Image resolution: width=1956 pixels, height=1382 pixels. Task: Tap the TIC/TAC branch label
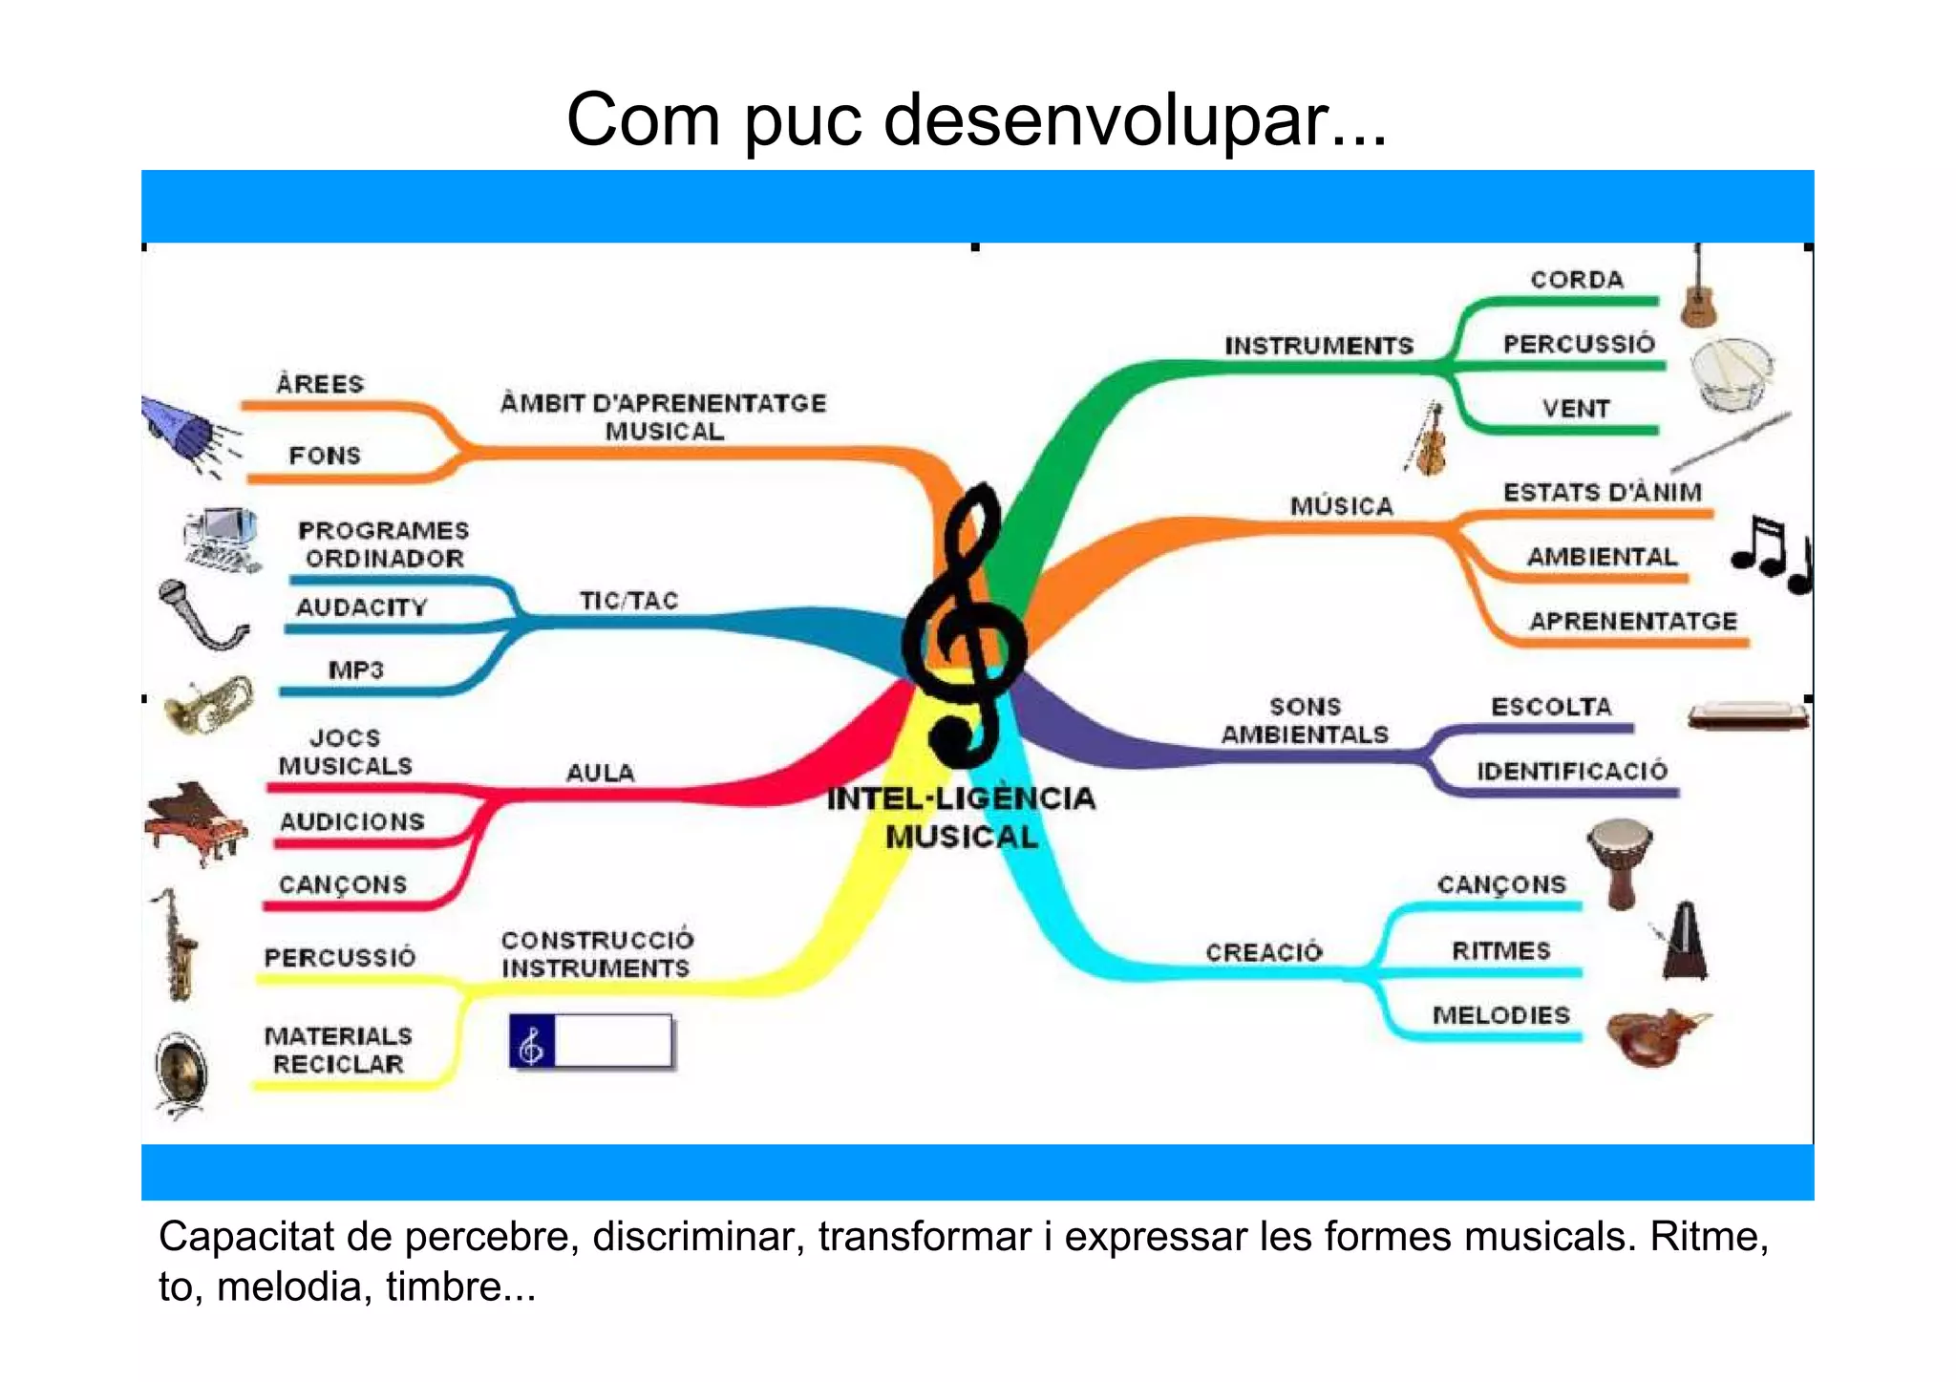(628, 601)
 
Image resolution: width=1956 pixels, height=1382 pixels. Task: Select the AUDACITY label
(362, 607)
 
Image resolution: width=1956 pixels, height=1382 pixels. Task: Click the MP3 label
(355, 670)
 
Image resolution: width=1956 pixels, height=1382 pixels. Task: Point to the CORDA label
(1577, 280)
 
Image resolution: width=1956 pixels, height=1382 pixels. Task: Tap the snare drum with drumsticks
(1731, 373)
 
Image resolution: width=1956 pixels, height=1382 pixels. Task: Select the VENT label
(1576, 409)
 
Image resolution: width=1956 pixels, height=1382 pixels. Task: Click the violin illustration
(1428, 440)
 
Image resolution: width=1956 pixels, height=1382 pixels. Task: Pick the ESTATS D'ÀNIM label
(1603, 493)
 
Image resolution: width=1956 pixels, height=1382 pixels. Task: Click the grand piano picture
(196, 821)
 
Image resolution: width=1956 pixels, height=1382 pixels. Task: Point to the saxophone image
(176, 945)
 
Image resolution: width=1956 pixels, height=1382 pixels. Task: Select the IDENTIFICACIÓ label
(1572, 771)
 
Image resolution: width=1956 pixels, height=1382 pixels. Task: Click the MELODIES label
(1500, 1015)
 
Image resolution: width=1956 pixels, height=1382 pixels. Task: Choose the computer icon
(223, 540)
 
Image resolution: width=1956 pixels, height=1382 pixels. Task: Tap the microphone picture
(200, 614)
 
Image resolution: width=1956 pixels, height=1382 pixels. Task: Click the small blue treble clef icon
(532, 1042)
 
